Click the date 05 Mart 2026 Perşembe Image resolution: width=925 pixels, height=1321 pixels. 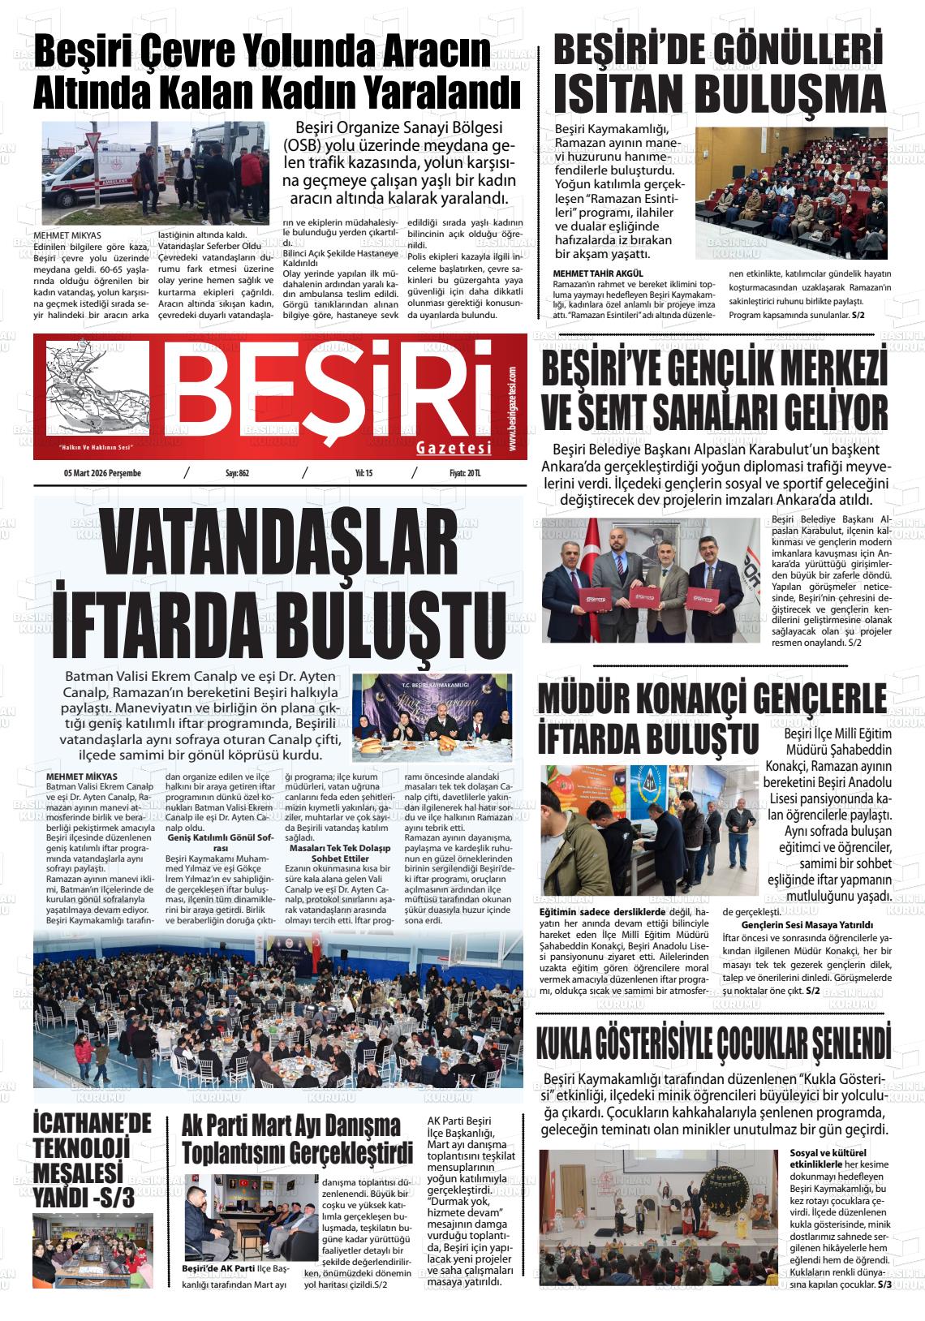102,474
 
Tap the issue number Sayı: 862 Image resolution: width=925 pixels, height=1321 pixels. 237,474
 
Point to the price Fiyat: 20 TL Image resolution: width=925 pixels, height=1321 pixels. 466,474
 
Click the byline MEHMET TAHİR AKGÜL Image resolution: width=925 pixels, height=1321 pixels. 597,273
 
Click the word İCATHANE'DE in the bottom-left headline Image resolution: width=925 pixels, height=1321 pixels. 92,1124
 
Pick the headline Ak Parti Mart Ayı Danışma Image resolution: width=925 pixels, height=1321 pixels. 291,1127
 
